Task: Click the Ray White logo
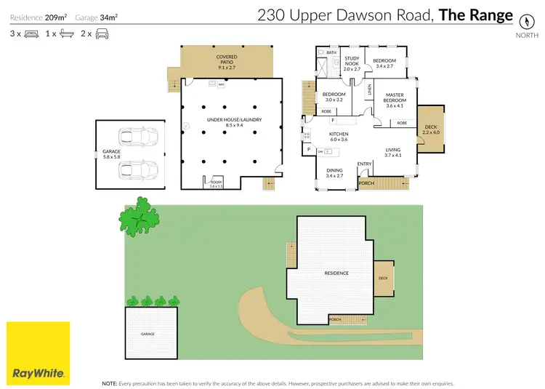coord(39,353)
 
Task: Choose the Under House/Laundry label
coord(233,122)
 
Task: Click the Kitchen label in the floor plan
coord(339,136)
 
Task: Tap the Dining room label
coord(334,173)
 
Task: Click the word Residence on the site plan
coord(336,273)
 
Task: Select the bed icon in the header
coord(32,33)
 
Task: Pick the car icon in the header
coord(102,33)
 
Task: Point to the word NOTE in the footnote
coord(110,382)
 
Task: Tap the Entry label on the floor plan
coord(365,164)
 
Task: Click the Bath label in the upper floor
coord(331,52)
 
